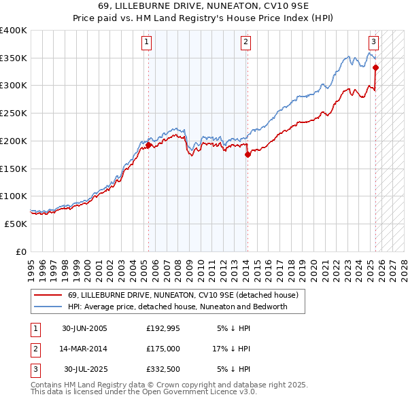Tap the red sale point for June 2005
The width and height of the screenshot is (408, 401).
pos(148,145)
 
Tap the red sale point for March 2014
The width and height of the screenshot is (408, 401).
pos(248,154)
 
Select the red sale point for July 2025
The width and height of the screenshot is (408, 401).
pos(375,67)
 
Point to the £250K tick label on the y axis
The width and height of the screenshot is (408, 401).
pos(13,113)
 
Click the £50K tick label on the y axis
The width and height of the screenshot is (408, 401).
pos(16,224)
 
